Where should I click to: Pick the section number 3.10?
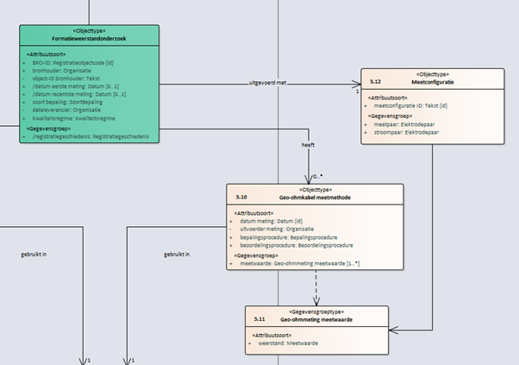(241, 196)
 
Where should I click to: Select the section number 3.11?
(259, 318)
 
